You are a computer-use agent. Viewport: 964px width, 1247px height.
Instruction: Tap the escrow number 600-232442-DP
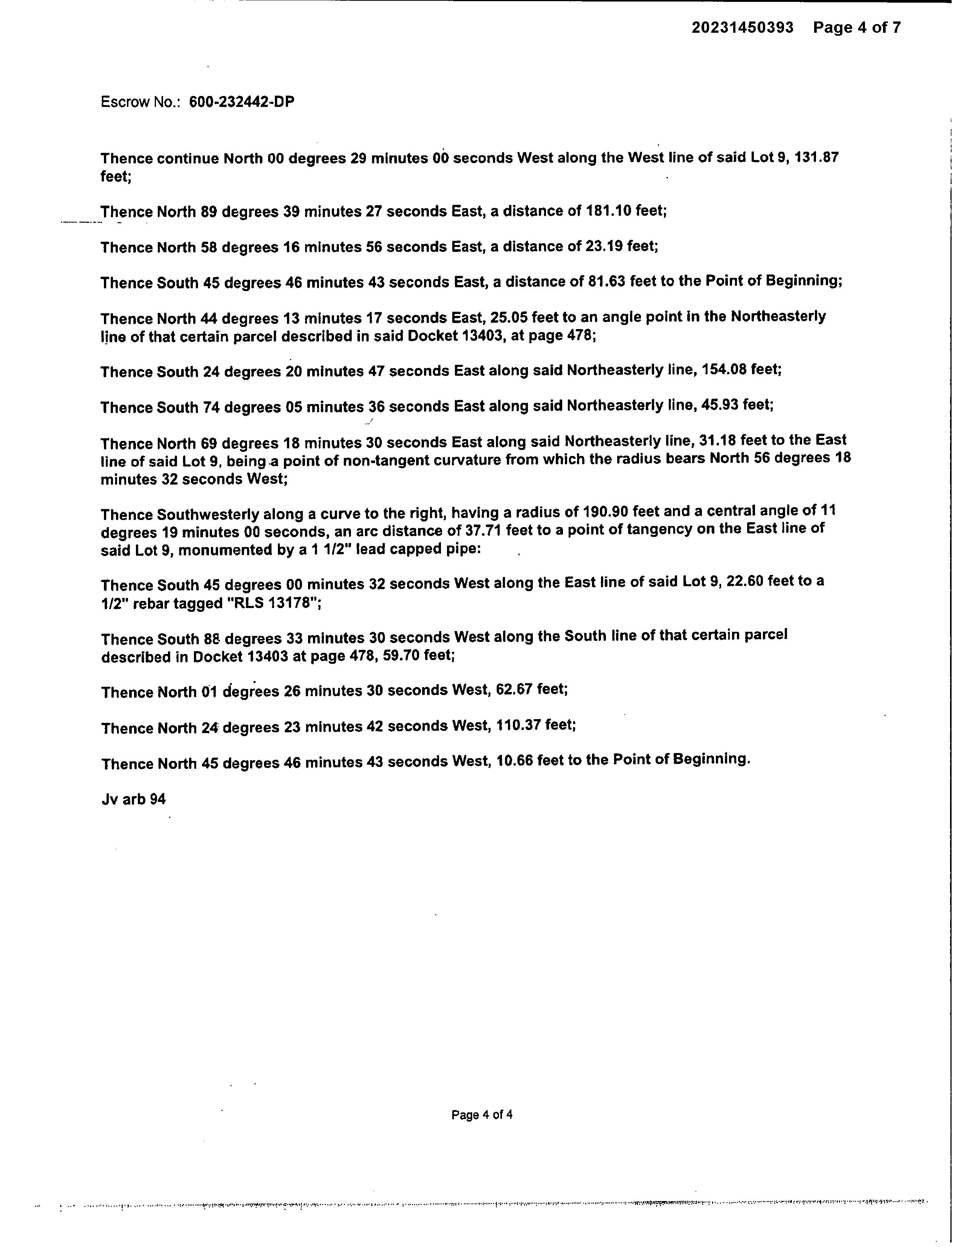pyautogui.click(x=242, y=102)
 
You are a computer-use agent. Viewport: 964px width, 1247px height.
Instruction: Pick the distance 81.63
pyautogui.click(x=607, y=282)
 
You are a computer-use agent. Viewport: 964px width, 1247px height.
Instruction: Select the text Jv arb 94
pyautogui.click(x=134, y=799)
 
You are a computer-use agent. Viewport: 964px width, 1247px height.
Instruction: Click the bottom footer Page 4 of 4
pyautogui.click(x=481, y=1114)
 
